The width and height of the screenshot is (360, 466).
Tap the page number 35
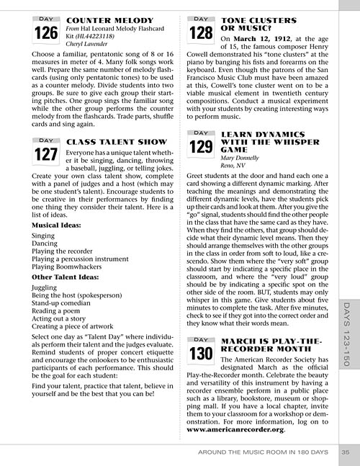(345, 452)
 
